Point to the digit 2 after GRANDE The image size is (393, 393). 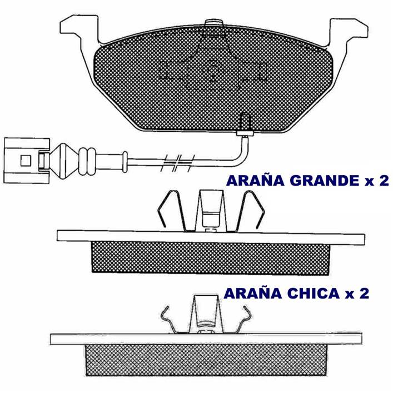click(384, 181)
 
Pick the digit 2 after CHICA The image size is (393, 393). click(364, 293)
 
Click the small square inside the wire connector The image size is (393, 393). click(26, 161)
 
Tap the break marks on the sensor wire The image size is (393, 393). click(177, 163)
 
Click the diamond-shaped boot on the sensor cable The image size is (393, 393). click(64, 161)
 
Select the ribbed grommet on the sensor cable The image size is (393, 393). click(87, 161)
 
